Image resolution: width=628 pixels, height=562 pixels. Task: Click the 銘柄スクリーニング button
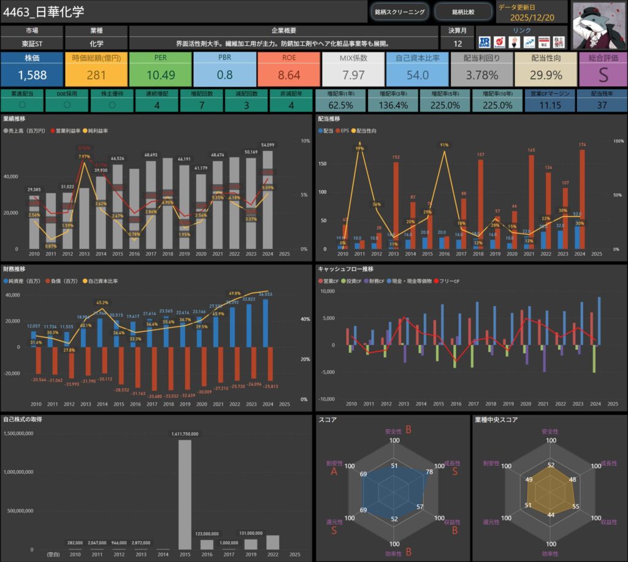coord(399,12)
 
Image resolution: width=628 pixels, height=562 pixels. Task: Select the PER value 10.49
coord(161,75)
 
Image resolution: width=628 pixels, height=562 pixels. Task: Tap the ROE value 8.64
coord(289,75)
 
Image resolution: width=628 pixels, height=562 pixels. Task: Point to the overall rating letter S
coord(602,75)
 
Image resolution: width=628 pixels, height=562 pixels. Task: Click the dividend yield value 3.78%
coord(481,75)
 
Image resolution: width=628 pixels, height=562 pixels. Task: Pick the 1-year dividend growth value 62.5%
coord(339,106)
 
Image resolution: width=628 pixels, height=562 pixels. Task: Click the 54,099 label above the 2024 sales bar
coord(267,145)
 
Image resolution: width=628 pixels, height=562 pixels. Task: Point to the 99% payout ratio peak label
coord(360,148)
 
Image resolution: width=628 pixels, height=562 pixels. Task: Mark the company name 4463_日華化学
coord(44,12)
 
